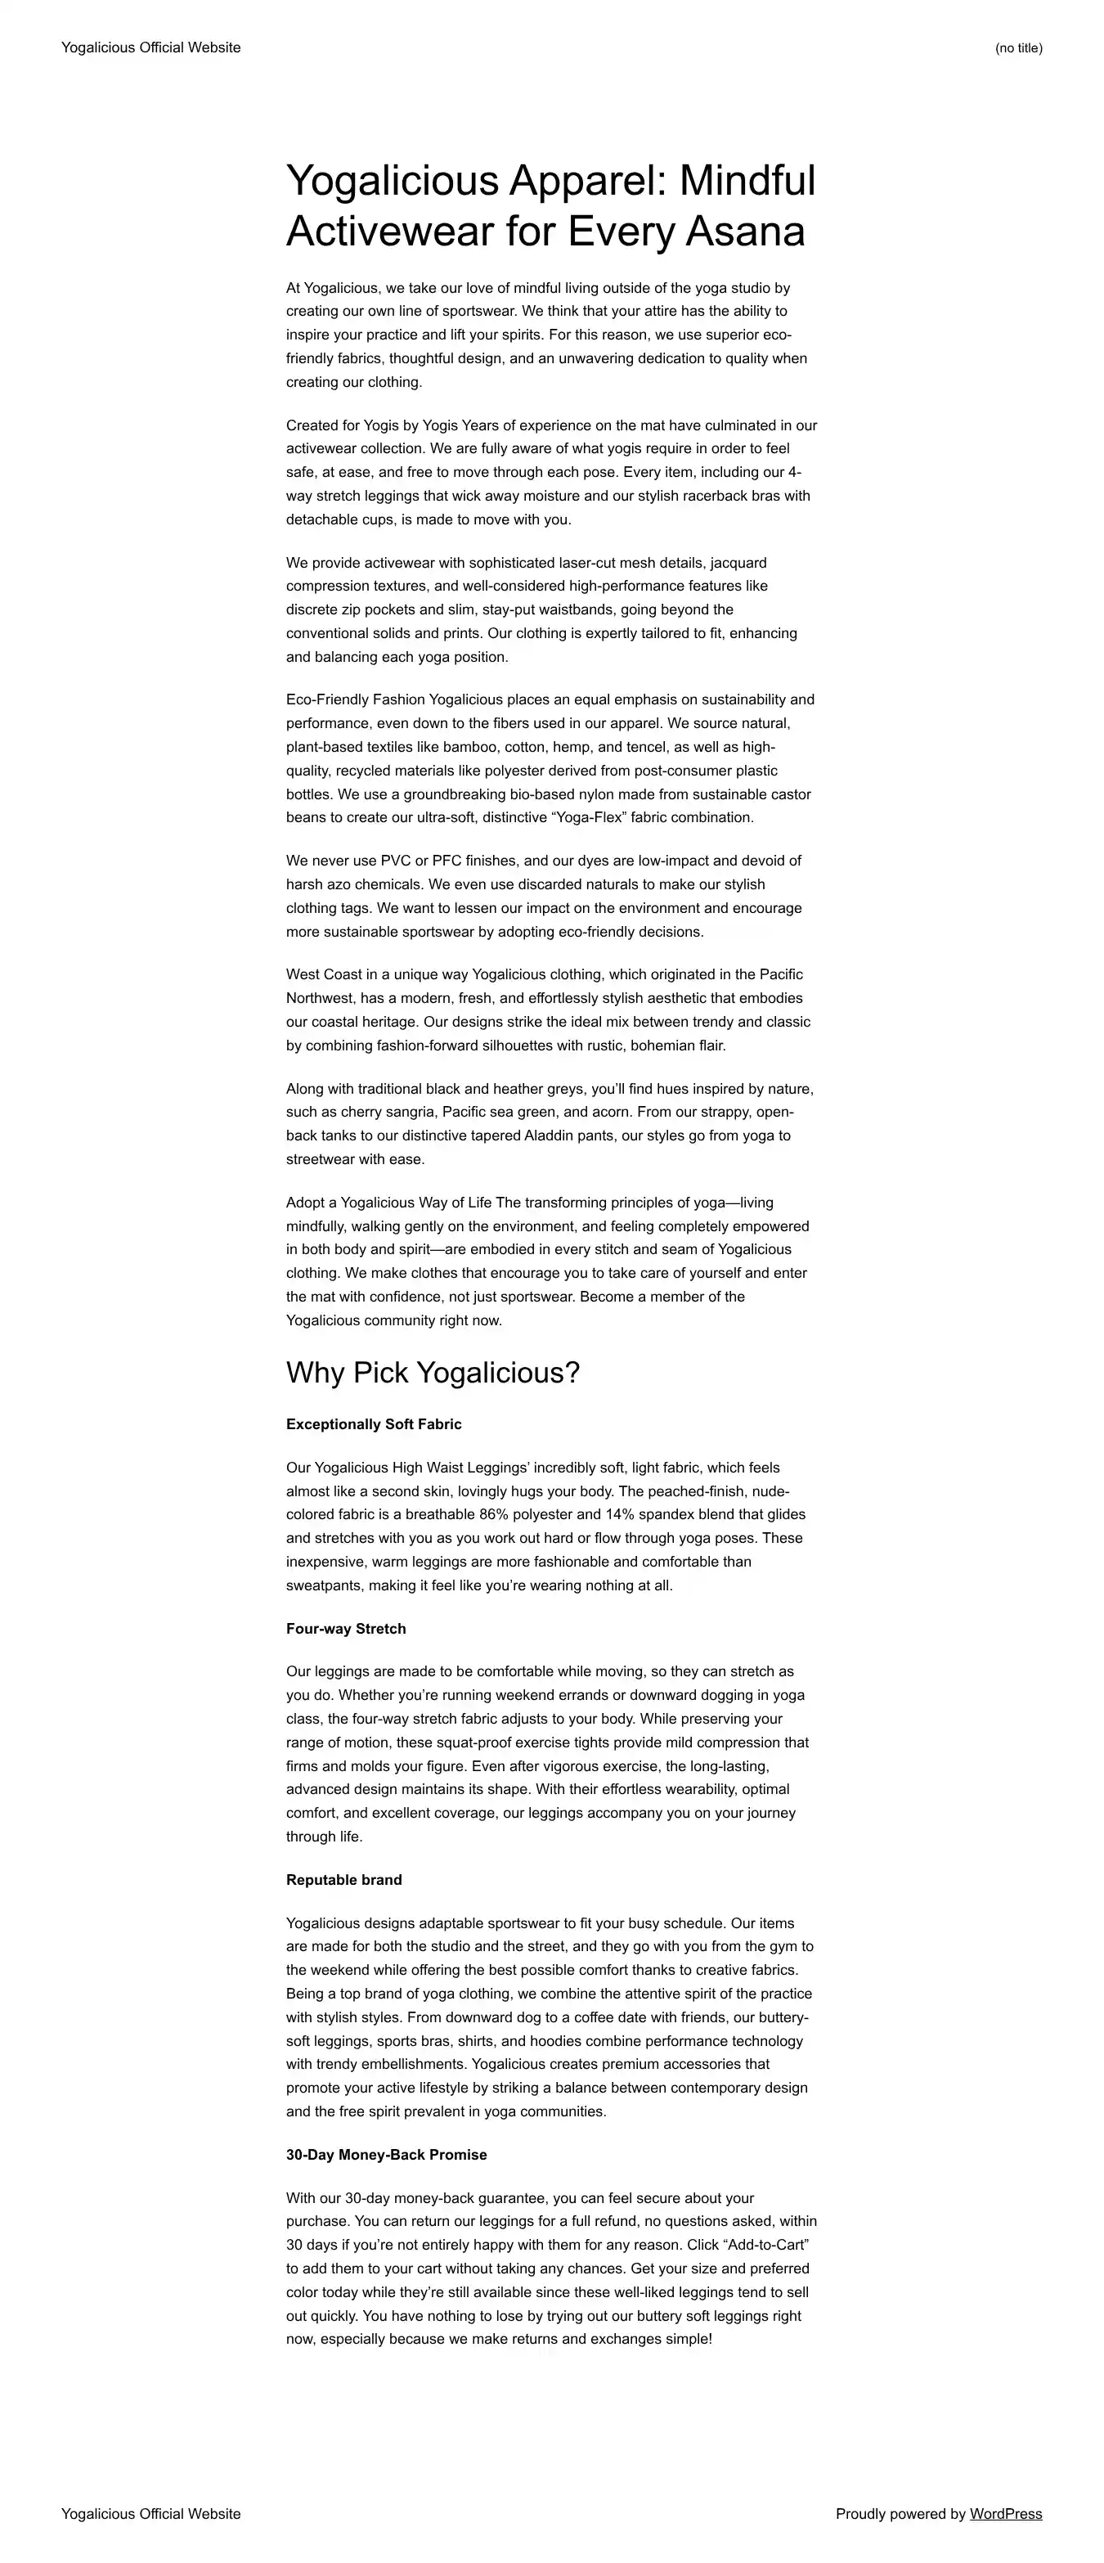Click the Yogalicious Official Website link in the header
pyautogui.click(x=150, y=47)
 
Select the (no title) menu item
pyautogui.click(x=1017, y=47)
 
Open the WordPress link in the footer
pyautogui.click(x=1006, y=2513)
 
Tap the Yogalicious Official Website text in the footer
pyautogui.click(x=150, y=2513)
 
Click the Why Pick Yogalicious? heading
pyautogui.click(x=433, y=1372)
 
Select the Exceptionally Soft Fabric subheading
pyautogui.click(x=374, y=1423)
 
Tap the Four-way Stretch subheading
pyautogui.click(x=346, y=1629)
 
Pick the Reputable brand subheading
pyautogui.click(x=344, y=1879)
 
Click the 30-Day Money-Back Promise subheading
pyautogui.click(x=387, y=2154)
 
